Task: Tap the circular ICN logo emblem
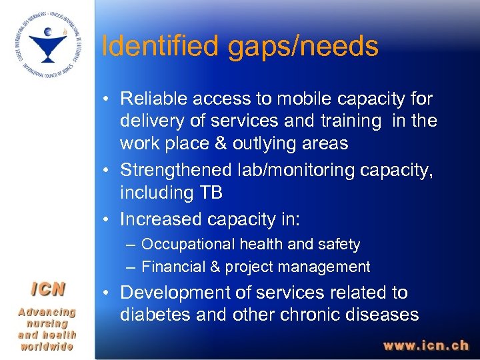coord(47,45)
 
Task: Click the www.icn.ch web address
coord(425,346)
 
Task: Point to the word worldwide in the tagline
coord(47,347)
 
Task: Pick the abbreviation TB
coord(211,193)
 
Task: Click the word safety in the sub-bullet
coord(338,245)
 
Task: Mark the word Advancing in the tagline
coord(47,312)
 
